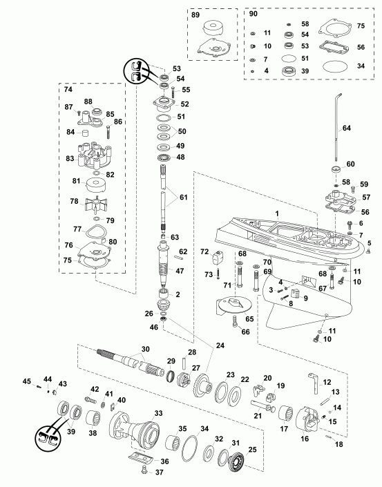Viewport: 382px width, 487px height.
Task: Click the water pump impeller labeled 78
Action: [x=90, y=204]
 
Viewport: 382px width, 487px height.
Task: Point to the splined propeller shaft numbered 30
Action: [x=128, y=361]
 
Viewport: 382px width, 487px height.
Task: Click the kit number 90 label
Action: [x=253, y=13]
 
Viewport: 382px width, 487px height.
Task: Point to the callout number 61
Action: [x=182, y=196]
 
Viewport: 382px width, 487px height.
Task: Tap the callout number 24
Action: [x=220, y=345]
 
